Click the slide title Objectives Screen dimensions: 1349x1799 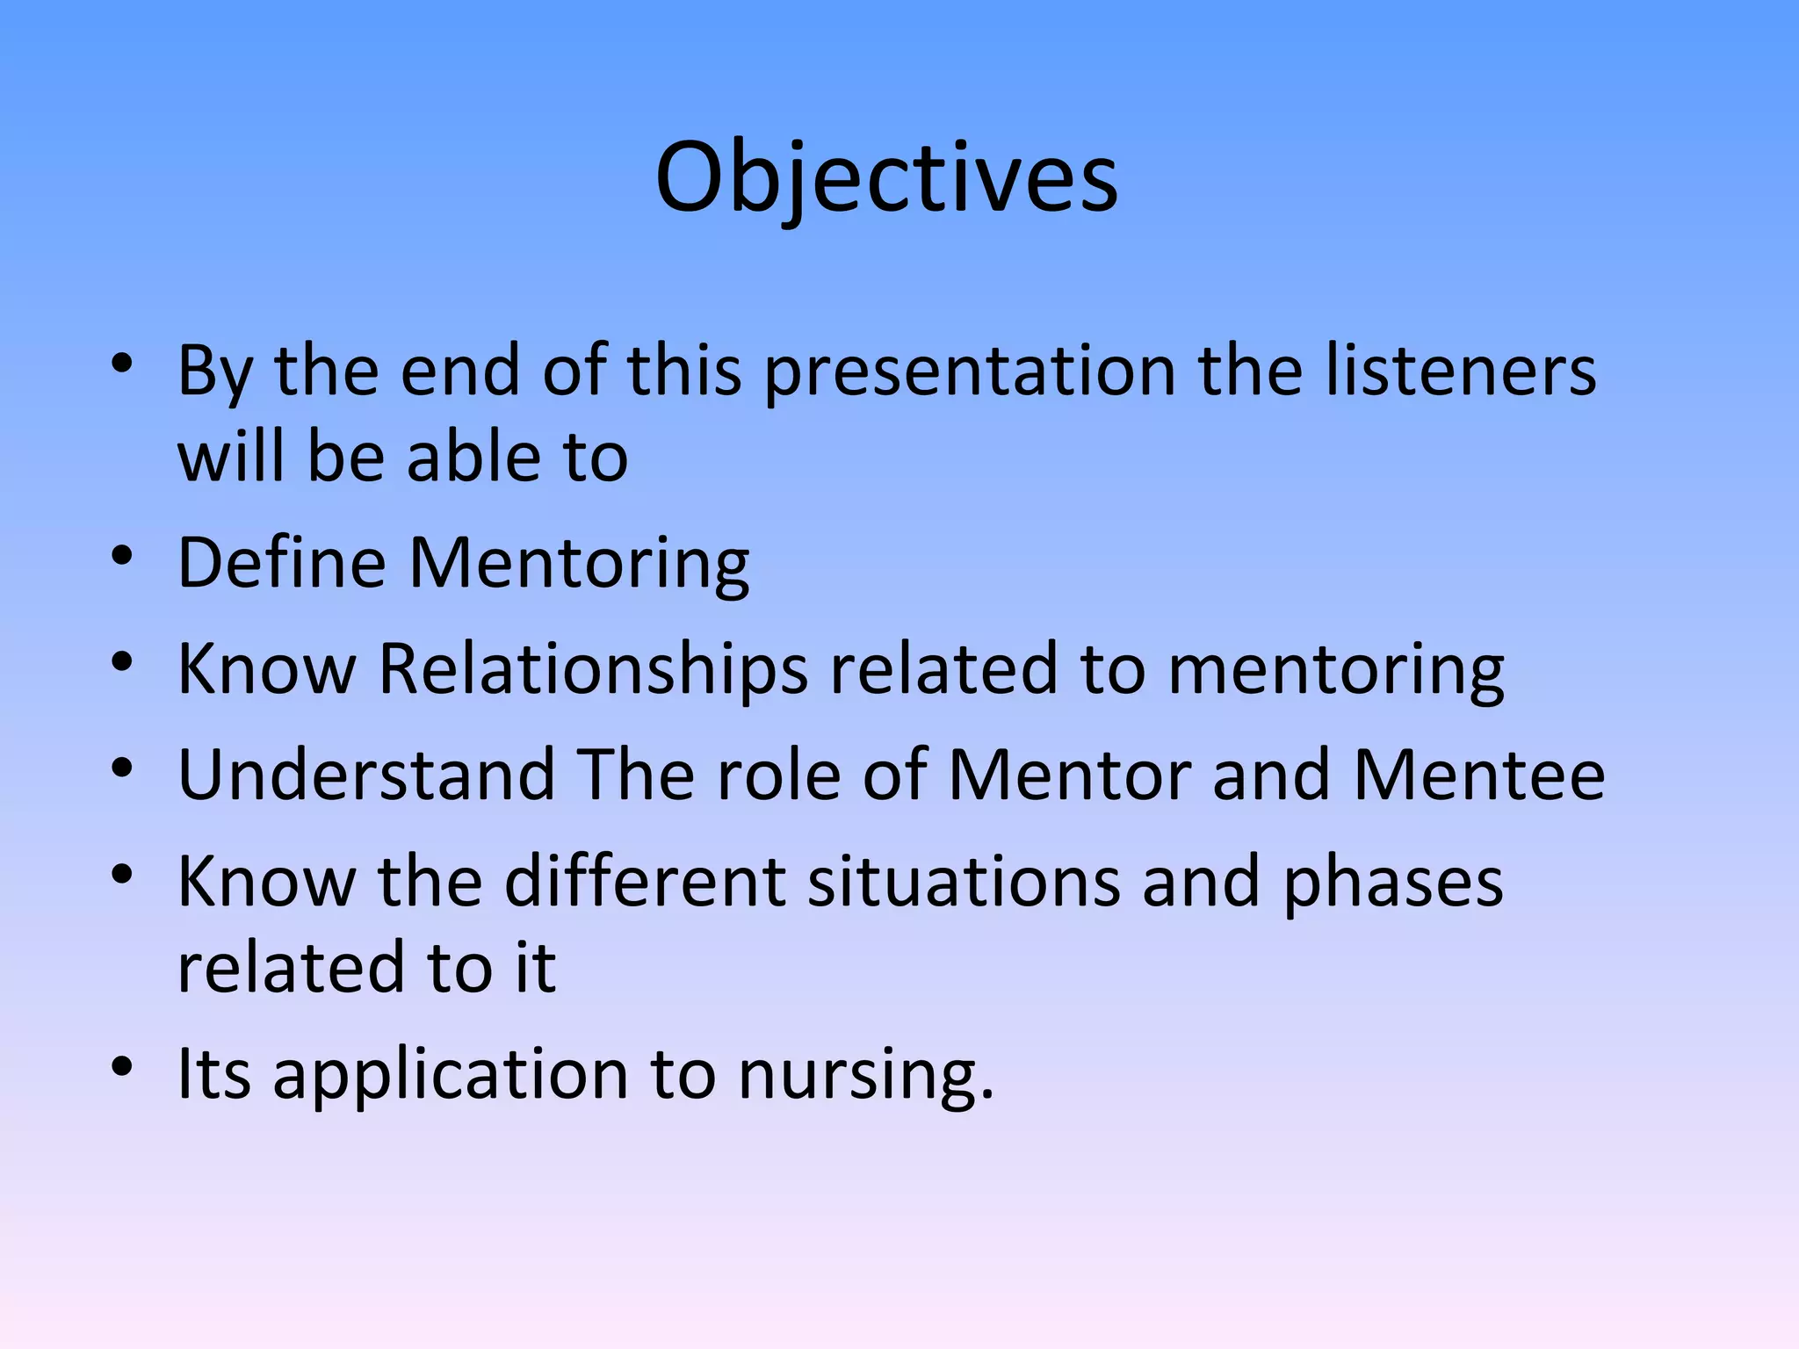[886, 179]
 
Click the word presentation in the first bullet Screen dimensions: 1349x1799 [969, 371]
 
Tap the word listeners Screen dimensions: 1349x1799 [1460, 371]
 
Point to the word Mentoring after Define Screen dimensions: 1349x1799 [579, 565]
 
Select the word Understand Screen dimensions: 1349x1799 [366, 775]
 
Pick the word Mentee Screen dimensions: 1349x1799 [1479, 775]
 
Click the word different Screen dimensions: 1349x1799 [645, 881]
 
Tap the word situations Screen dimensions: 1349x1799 [964, 881]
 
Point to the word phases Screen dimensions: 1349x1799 [1393, 883]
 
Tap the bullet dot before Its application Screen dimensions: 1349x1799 [122, 1066]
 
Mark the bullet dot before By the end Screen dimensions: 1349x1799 [122, 363]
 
